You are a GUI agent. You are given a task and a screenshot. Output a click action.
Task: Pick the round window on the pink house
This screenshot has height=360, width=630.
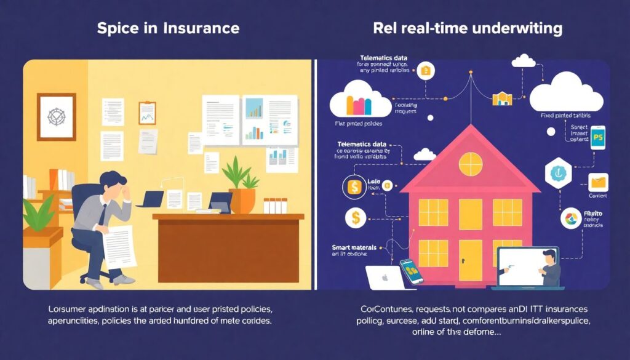point(470,163)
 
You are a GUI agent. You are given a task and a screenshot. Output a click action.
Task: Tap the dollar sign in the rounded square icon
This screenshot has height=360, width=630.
point(354,186)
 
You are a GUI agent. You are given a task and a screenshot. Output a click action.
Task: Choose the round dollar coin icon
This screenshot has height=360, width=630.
point(354,217)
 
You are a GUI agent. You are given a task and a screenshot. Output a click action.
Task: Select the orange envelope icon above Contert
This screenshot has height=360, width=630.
point(598,183)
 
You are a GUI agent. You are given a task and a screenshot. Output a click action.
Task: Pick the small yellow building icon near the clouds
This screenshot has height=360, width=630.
point(502,98)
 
